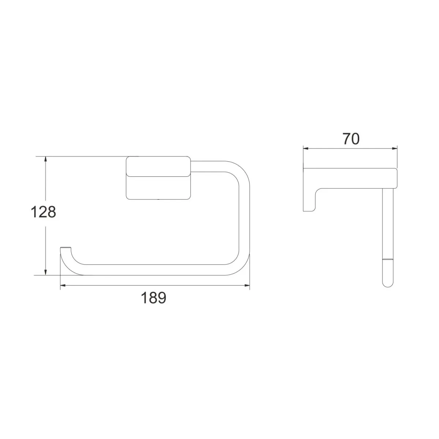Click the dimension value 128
click(x=43, y=212)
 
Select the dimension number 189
click(x=154, y=298)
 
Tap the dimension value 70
click(x=351, y=139)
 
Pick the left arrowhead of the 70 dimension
click(x=306, y=149)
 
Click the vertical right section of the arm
click(x=244, y=219)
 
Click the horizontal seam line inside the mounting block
click(x=158, y=175)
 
